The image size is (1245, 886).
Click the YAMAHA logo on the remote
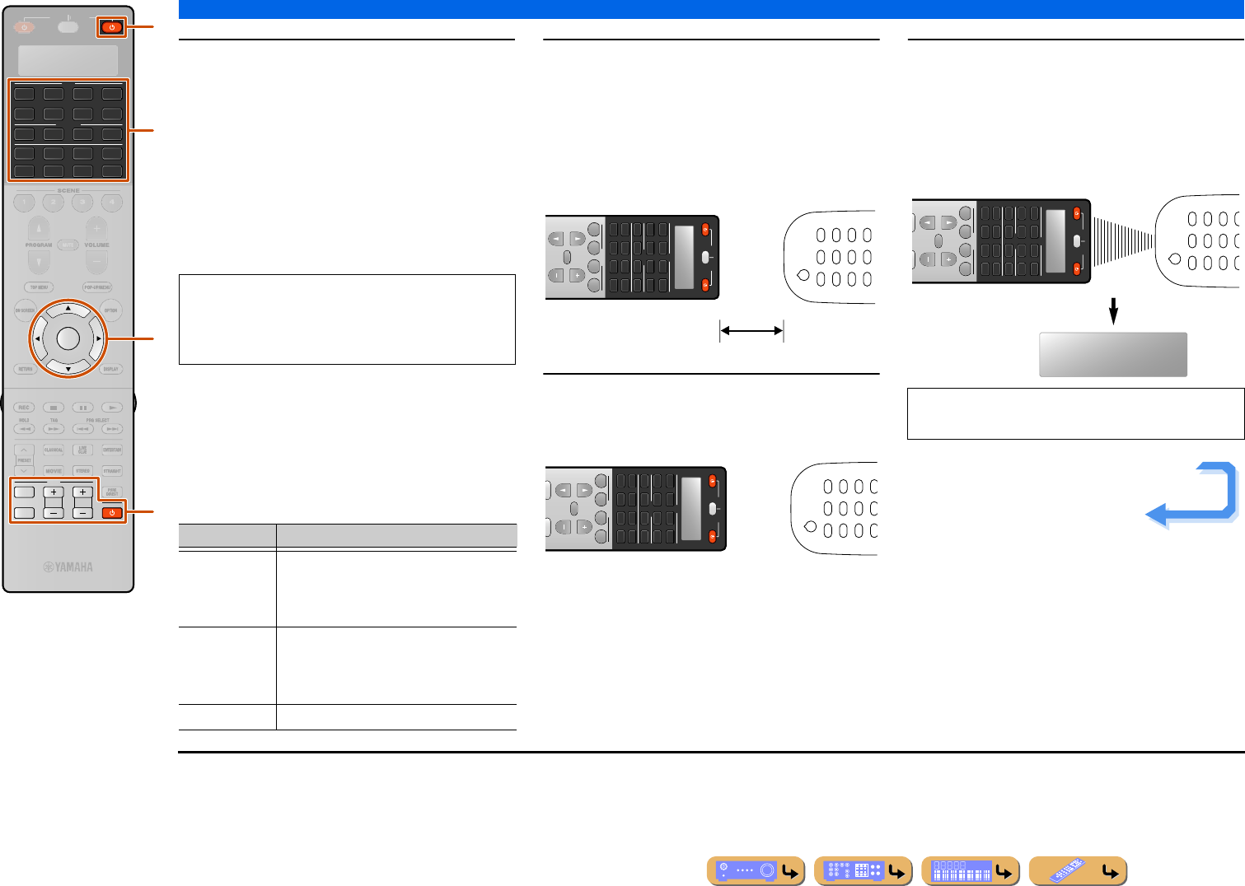tap(68, 567)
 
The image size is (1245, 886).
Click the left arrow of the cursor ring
tap(37, 338)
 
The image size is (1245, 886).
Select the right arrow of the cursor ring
tap(99, 338)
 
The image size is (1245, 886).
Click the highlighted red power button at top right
tap(112, 27)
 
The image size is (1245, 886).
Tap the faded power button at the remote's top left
tap(24, 27)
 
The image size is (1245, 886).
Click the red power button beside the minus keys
tap(112, 513)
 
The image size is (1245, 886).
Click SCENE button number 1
tap(25, 203)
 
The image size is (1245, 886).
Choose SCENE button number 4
tap(111, 203)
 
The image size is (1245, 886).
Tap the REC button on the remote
tap(25, 408)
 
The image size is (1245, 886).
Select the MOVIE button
tap(54, 471)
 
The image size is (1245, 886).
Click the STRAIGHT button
tap(112, 471)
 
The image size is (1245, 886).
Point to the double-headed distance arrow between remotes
tap(751, 331)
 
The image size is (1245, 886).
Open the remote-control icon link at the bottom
tap(1078, 871)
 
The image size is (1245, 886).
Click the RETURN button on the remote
tap(26, 369)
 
